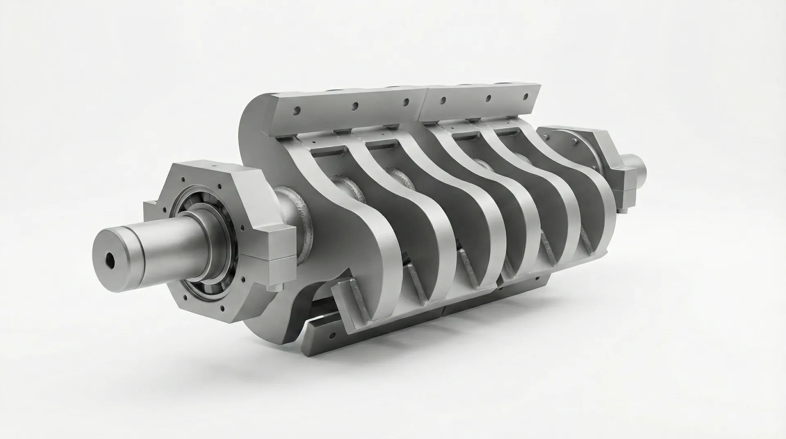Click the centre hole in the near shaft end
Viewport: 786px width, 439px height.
click(110, 260)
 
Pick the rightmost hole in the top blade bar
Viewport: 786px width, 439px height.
click(526, 95)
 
